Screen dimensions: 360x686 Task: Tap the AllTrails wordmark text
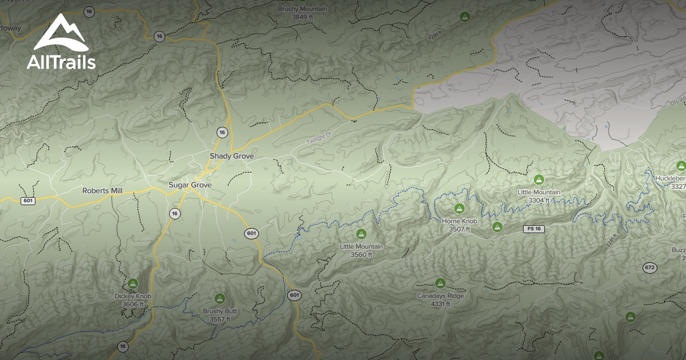[x=61, y=62]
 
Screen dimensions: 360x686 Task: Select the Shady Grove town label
[x=232, y=156]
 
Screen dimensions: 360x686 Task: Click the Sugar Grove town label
[x=190, y=185]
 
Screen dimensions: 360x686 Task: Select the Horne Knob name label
[x=460, y=221]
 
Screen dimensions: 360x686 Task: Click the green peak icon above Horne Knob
[x=459, y=209]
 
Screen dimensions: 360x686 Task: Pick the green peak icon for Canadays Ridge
[x=440, y=283]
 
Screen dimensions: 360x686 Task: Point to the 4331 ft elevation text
[x=440, y=304]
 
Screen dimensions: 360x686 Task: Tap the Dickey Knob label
[x=133, y=297]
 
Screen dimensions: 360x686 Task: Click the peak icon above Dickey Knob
[x=133, y=283]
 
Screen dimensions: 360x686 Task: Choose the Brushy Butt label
[x=220, y=311]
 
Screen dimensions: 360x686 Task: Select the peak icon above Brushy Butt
[x=220, y=298]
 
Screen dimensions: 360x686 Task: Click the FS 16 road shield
[x=532, y=229]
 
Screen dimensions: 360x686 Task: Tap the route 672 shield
[x=649, y=267]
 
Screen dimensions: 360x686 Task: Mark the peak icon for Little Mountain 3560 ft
[x=361, y=234]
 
